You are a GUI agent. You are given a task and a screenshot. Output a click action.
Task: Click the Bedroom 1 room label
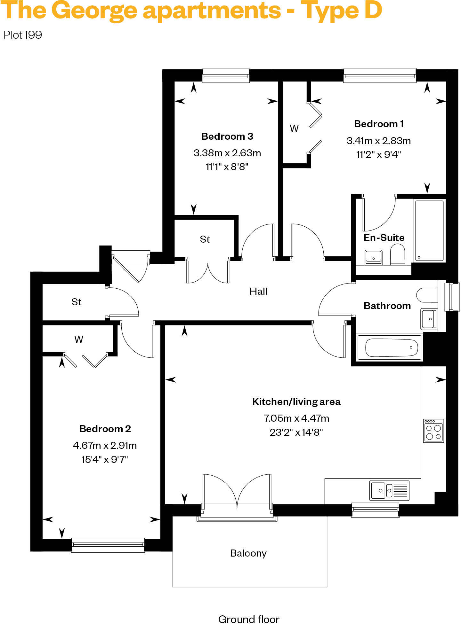pos(379,124)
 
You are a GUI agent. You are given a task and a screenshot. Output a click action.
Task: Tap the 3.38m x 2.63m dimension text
pos(227,153)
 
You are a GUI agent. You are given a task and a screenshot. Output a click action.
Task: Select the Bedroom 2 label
pos(105,429)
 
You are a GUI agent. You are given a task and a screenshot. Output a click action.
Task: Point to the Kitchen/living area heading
pos(296,402)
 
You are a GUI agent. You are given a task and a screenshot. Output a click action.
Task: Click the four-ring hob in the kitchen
pos(433,431)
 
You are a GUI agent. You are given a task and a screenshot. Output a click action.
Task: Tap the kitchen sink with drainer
pos(389,490)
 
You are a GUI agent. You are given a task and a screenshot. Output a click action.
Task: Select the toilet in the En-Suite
pos(397,254)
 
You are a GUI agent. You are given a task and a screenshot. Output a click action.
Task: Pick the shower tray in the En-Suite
pos(429,230)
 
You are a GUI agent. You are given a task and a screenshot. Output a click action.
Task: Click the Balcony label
pos(248,553)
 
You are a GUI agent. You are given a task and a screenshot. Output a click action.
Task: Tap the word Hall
pos(258,291)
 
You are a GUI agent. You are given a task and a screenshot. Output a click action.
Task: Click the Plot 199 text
pos(23,35)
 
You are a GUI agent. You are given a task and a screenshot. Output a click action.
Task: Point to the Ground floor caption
pos(248,619)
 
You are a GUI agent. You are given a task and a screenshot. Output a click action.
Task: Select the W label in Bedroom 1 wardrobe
pos(294,128)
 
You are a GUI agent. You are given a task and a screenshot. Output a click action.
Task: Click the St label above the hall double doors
pos(205,239)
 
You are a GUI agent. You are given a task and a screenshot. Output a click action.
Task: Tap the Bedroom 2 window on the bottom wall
pos(108,545)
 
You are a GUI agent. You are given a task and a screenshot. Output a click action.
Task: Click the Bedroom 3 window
pos(226,75)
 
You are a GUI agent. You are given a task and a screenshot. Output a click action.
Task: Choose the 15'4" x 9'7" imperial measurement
pos(105,459)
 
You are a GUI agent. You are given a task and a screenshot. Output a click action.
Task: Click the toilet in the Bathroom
pos(427,295)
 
